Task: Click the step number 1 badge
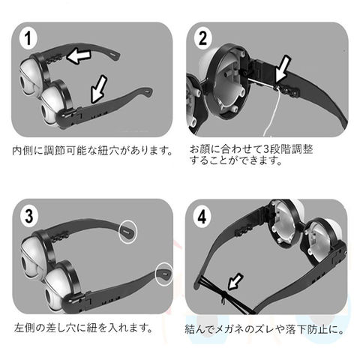tap(28, 39)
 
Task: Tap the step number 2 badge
tap(202, 38)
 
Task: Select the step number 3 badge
tap(29, 216)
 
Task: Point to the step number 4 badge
tap(202, 216)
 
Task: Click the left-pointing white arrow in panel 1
tap(79, 56)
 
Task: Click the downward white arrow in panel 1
tap(99, 89)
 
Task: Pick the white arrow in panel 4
tap(235, 281)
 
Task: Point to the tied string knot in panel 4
tap(223, 295)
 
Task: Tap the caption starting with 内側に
tap(92, 151)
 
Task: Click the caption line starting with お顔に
tap(251, 149)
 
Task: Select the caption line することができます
tap(235, 160)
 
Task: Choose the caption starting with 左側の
tap(83, 328)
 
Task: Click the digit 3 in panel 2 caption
tap(267, 149)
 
